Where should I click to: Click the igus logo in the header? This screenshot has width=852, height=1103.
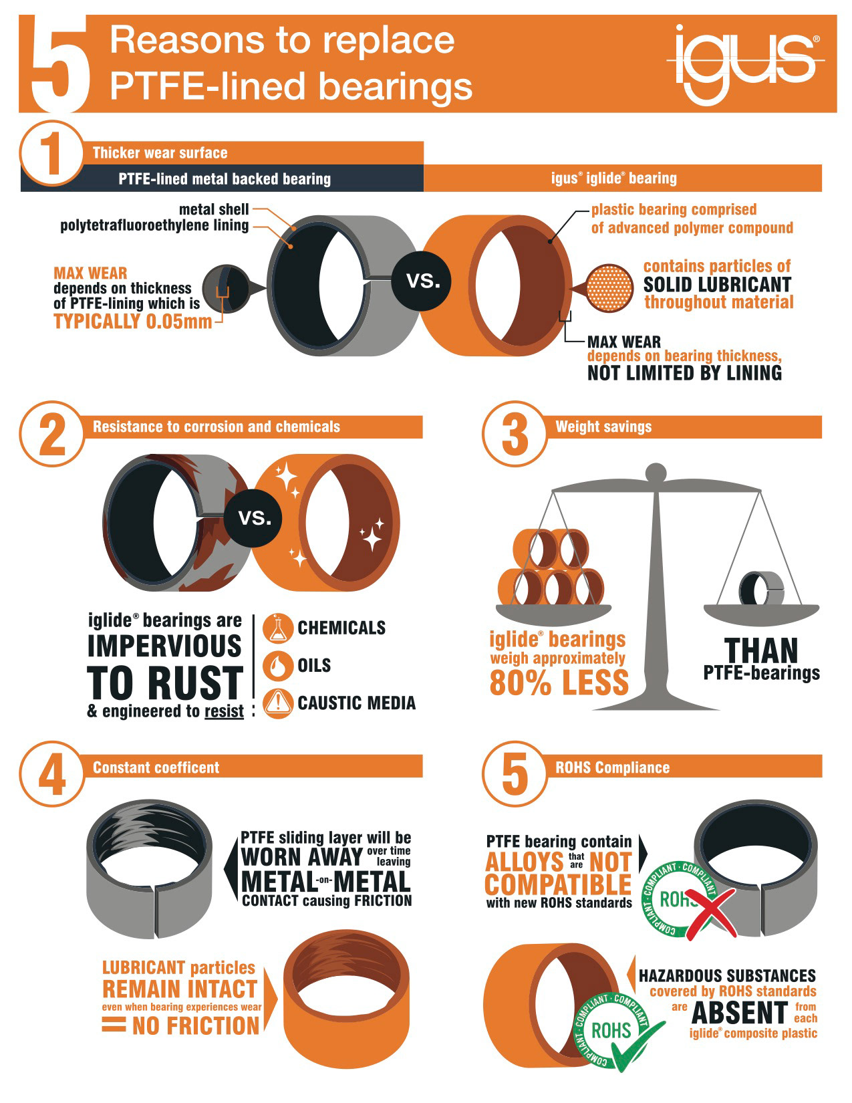coord(745,65)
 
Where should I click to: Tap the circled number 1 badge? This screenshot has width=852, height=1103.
coord(51,153)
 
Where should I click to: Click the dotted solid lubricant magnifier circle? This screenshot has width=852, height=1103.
coord(609,288)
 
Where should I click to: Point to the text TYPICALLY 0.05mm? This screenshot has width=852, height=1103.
coord(133,322)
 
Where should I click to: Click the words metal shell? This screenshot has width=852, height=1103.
coord(214,209)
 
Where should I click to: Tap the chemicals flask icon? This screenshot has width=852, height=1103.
coord(278,628)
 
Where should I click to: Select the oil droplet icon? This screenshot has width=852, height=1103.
coord(278,665)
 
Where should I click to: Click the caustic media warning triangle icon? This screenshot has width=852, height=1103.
coord(278,703)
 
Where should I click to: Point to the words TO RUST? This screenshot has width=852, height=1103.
coord(165,683)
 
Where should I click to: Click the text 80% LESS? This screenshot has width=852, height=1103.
coord(559,683)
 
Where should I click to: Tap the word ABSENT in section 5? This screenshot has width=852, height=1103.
coord(740,1013)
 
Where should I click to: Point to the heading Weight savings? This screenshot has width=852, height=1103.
coord(603,427)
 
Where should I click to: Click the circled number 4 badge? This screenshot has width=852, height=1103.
coord(51,774)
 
